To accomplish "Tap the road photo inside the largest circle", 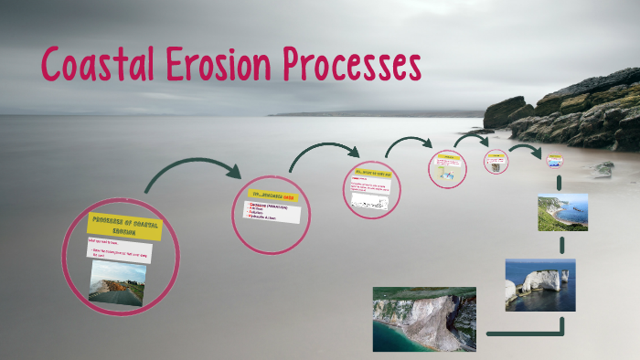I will click(x=116, y=284).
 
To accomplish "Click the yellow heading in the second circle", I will click(x=272, y=196).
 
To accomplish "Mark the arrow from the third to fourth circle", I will click(x=408, y=143).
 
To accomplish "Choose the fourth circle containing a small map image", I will click(x=447, y=168).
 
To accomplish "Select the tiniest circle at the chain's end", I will click(x=555, y=161).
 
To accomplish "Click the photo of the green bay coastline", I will click(x=562, y=212).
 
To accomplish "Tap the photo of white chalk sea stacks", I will click(x=539, y=285).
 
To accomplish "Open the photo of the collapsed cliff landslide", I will click(x=424, y=318).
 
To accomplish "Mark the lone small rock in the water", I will click(x=603, y=167).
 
